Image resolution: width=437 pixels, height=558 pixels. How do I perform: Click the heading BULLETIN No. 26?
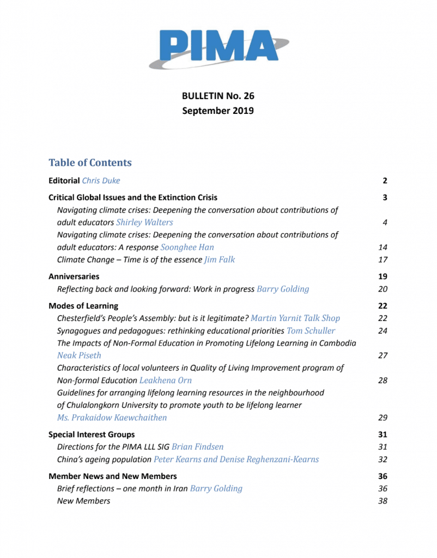pyautogui.click(x=218, y=96)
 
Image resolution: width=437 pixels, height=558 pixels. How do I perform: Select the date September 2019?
pyautogui.click(x=218, y=111)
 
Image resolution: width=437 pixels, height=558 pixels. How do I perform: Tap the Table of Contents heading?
pyautogui.click(x=90, y=162)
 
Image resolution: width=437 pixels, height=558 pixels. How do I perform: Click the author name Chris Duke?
pyautogui.click(x=100, y=180)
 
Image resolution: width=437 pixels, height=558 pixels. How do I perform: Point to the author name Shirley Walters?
pyautogui.click(x=145, y=222)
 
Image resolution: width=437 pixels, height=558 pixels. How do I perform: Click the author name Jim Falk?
pyautogui.click(x=220, y=260)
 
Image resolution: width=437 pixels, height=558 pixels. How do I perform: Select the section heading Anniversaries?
pyautogui.click(x=74, y=277)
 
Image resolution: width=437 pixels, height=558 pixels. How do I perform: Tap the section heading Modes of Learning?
pyautogui.click(x=83, y=306)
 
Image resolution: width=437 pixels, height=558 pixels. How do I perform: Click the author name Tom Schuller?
pyautogui.click(x=311, y=331)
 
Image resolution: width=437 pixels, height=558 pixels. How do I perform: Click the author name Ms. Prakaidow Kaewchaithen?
pyautogui.click(x=112, y=418)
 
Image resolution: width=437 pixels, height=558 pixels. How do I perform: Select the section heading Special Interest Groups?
pyautogui.click(x=92, y=434)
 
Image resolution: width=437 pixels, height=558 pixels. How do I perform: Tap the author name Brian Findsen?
pyautogui.click(x=198, y=447)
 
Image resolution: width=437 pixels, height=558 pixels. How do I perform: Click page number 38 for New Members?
pyautogui.click(x=382, y=501)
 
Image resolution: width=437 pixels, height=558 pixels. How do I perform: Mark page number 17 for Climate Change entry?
pyautogui.click(x=382, y=260)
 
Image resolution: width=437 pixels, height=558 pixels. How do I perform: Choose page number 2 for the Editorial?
pyautogui.click(x=384, y=180)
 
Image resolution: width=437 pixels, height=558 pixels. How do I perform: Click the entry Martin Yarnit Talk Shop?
pyautogui.click(x=299, y=318)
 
